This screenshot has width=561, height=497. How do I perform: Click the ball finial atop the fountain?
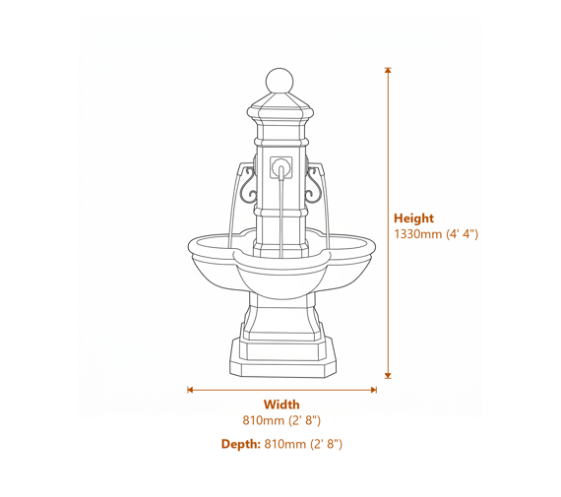[x=281, y=80]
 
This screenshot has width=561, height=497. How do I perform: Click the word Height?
[x=413, y=218]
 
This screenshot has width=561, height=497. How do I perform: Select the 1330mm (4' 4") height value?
[x=436, y=234]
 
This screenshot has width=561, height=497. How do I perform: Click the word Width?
[x=281, y=404]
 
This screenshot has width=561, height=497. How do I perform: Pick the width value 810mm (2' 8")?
[x=281, y=420]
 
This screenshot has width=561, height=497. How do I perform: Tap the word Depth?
[x=240, y=445]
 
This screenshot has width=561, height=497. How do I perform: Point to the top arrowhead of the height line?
[x=388, y=70]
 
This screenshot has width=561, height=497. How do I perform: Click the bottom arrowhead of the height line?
[x=388, y=375]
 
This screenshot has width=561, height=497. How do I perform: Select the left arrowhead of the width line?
[x=190, y=390]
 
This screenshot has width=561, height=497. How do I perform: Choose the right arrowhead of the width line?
[x=373, y=390]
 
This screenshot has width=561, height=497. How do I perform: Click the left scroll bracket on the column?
[x=247, y=183]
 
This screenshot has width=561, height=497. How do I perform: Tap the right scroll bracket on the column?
[x=316, y=183]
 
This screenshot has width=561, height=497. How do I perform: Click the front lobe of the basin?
[x=281, y=276]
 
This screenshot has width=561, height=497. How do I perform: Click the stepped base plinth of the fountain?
[x=281, y=359]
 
